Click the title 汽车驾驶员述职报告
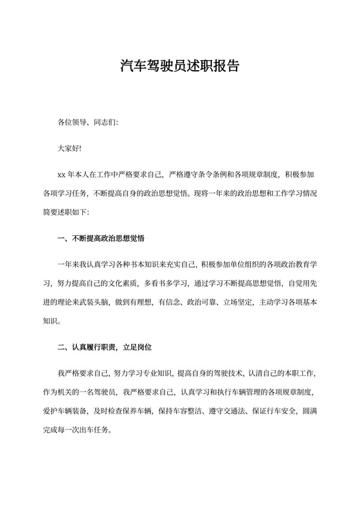point(180,66)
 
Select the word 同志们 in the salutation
point(104,121)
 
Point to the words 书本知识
point(150,265)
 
